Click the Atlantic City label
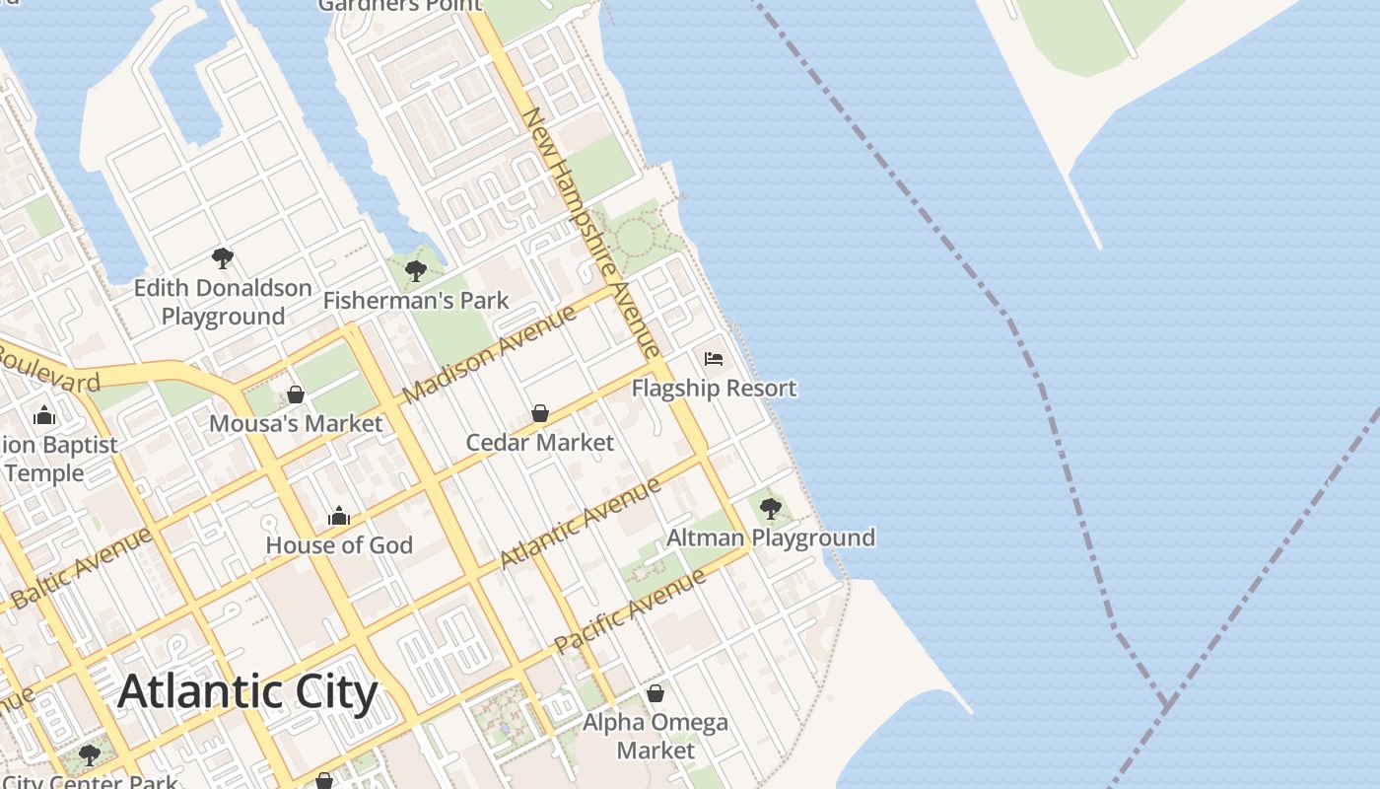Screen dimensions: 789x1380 (x=247, y=692)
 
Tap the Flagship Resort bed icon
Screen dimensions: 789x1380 (x=714, y=358)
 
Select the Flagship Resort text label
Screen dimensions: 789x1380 (x=714, y=388)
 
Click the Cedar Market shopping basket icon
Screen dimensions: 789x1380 (x=539, y=413)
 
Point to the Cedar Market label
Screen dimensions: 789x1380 (x=539, y=443)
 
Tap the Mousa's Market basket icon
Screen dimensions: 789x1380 (x=295, y=394)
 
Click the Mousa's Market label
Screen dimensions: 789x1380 (x=295, y=424)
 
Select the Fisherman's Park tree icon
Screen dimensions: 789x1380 (x=415, y=270)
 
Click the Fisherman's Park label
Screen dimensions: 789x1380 (x=415, y=300)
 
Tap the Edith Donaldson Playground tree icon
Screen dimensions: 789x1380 (x=222, y=258)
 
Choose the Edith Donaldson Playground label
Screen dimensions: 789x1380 (x=223, y=302)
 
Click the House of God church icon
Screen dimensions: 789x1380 (x=339, y=516)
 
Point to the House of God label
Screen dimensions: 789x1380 (x=339, y=545)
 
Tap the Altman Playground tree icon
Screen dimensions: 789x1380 (x=770, y=509)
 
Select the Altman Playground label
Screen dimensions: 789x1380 (x=770, y=538)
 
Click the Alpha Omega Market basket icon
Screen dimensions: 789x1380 (x=655, y=693)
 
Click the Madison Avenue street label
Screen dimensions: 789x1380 (x=490, y=353)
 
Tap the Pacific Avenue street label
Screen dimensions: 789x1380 (x=630, y=611)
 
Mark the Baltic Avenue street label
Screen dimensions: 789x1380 (x=83, y=567)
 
